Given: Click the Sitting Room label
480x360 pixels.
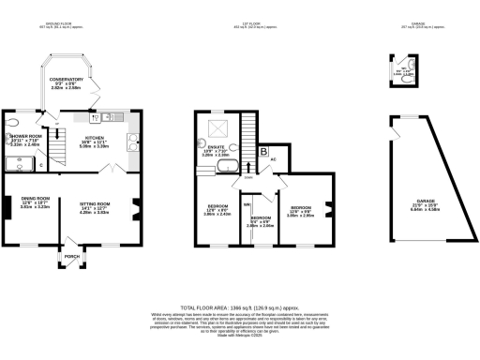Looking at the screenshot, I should (x=98, y=209).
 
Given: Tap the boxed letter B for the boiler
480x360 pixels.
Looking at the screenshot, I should (x=264, y=150).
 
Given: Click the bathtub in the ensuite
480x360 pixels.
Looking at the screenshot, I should (x=228, y=169).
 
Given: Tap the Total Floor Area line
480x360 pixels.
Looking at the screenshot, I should (x=240, y=307).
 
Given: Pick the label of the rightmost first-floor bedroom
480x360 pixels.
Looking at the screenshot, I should (x=301, y=210).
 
